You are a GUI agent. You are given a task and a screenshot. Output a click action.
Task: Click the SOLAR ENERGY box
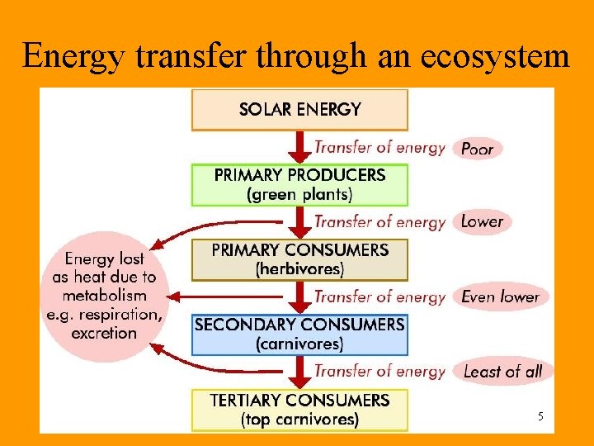click(x=299, y=109)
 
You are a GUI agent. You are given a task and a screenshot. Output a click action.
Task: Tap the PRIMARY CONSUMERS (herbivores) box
click(x=299, y=259)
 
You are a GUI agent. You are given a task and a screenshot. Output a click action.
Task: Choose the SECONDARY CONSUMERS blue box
click(x=299, y=334)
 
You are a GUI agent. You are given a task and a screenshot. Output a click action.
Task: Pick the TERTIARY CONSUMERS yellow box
click(x=299, y=410)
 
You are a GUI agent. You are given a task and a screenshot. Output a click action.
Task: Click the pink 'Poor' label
click(x=477, y=149)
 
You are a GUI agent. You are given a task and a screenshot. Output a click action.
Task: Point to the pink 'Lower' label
click(x=482, y=221)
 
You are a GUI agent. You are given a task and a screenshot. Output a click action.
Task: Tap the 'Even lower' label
click(x=500, y=297)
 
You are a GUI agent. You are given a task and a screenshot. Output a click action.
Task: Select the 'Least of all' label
click(x=502, y=372)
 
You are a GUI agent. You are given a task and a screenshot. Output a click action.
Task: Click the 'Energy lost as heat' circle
click(x=104, y=296)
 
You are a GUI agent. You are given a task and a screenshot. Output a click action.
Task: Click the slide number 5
click(x=540, y=416)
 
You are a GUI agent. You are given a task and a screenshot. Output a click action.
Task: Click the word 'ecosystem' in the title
click(x=495, y=56)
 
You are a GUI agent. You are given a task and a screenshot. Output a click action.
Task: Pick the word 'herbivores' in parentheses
click(x=299, y=269)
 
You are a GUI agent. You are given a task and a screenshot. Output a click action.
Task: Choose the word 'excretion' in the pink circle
click(x=104, y=334)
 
